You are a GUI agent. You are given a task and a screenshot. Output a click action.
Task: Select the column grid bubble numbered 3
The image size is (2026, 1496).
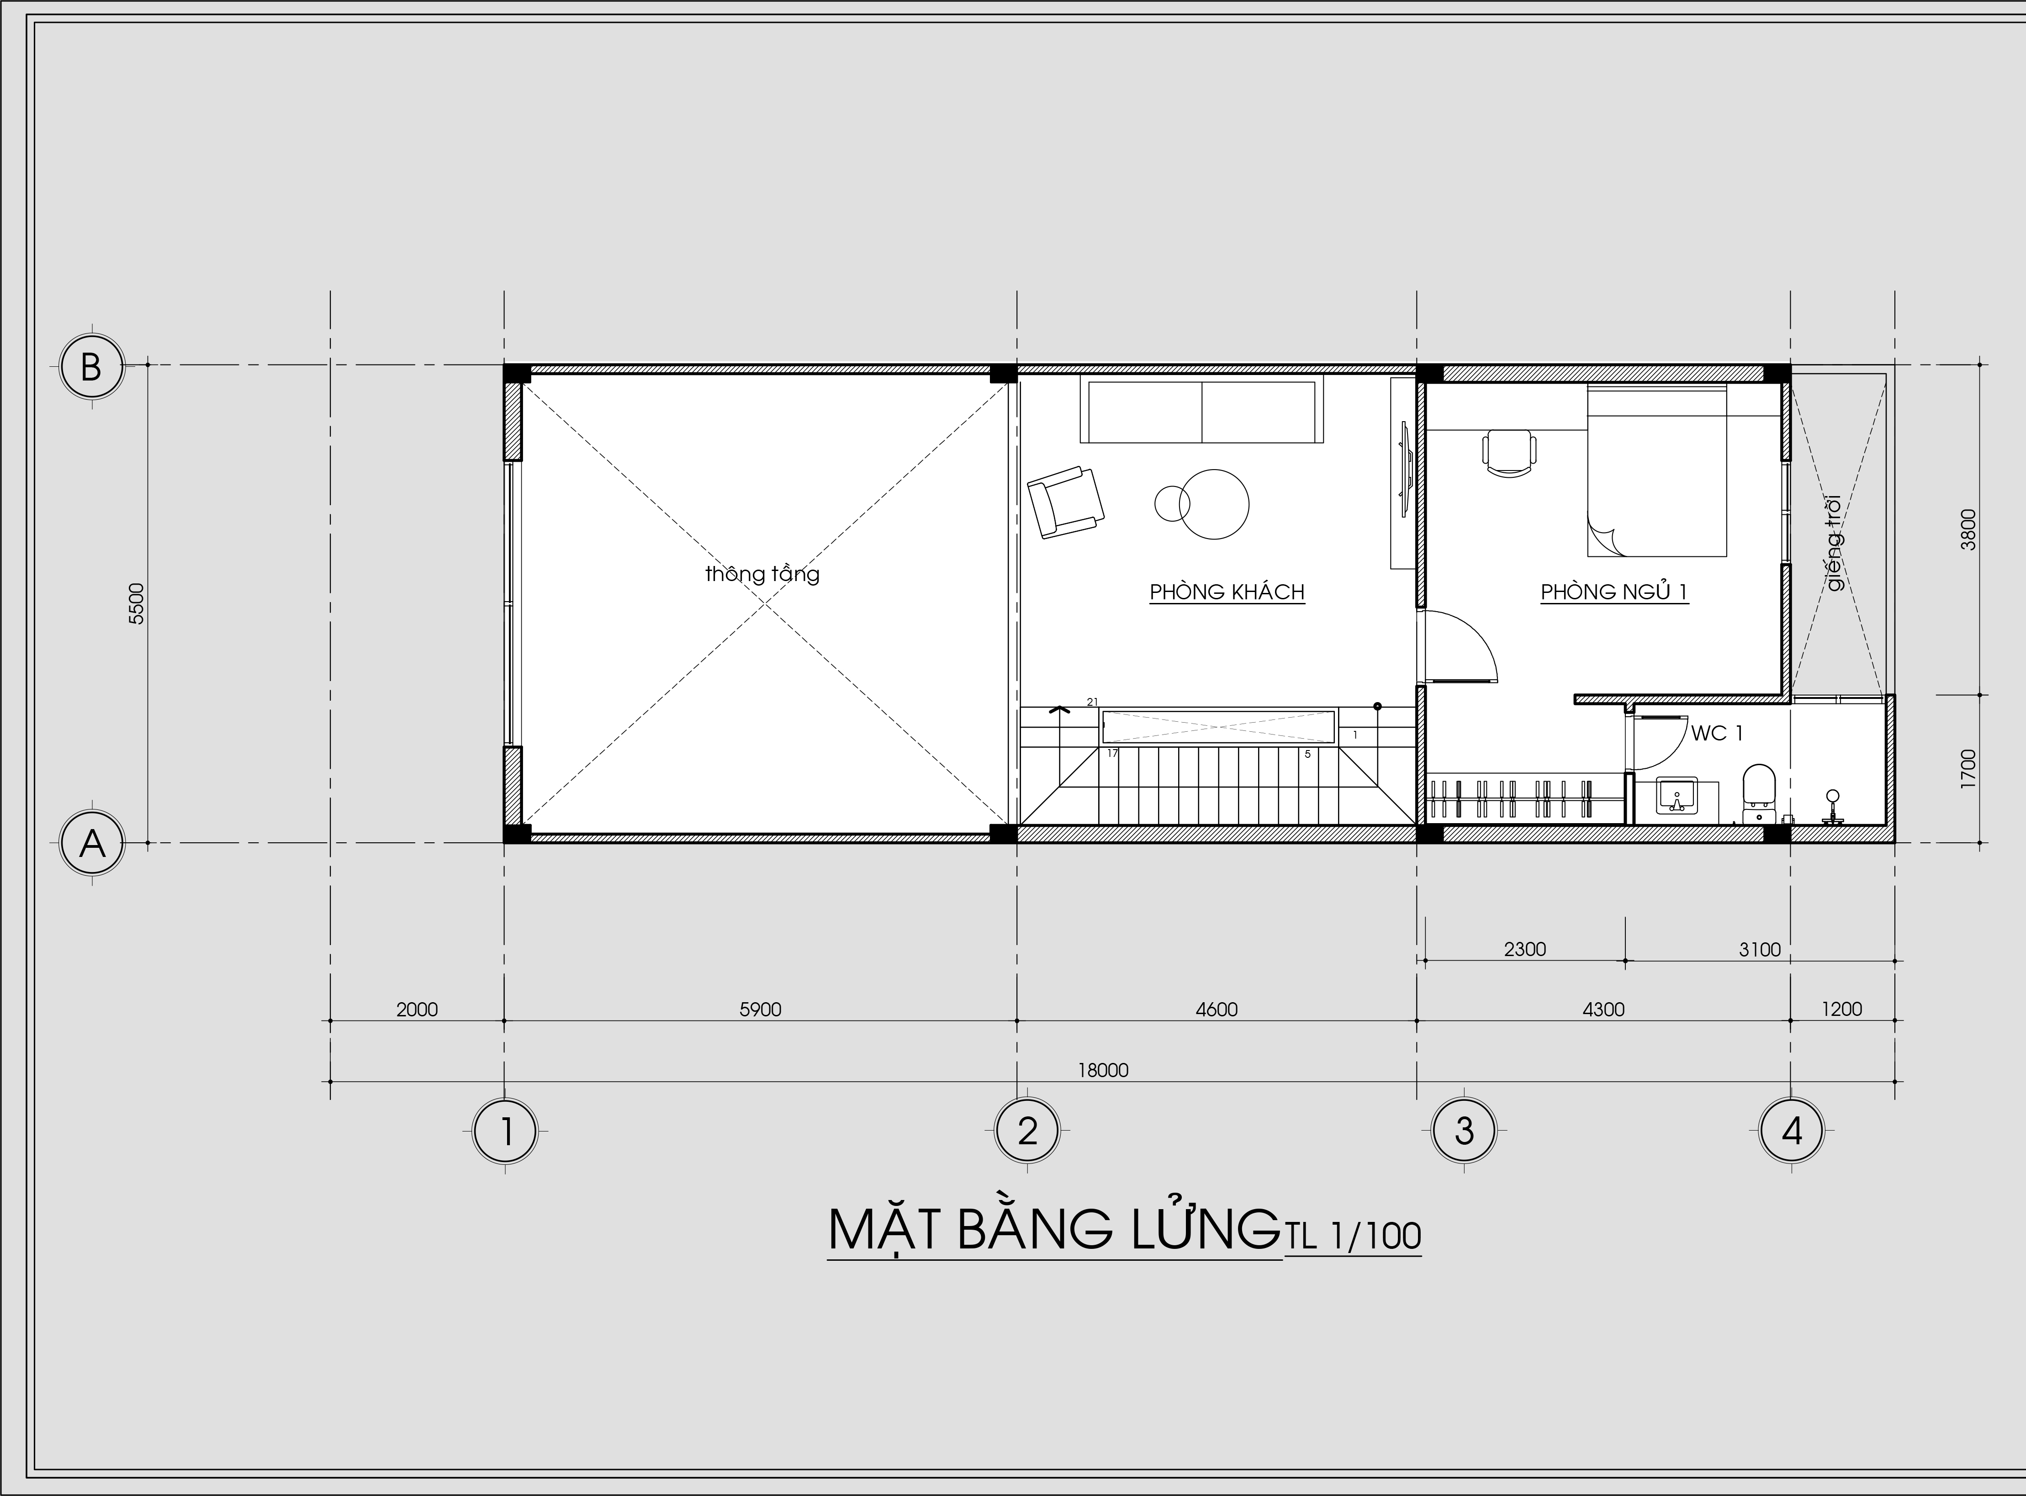(1464, 1130)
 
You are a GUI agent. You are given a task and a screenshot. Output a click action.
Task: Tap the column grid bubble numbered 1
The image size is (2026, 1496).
(505, 1130)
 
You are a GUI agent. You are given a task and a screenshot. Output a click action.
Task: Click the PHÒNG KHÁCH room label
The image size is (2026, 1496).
(1227, 592)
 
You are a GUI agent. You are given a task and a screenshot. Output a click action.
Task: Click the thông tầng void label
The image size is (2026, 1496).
(762, 574)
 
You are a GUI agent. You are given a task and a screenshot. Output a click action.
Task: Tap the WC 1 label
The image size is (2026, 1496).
(1716, 734)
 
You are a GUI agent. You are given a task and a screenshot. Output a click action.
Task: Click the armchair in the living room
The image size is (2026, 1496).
(1066, 502)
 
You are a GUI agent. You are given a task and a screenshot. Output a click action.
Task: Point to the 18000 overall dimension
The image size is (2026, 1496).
(1103, 1070)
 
